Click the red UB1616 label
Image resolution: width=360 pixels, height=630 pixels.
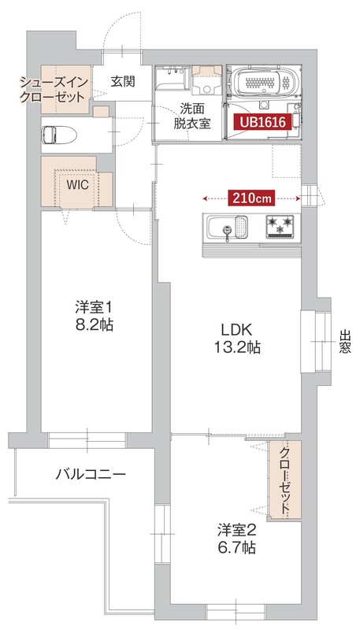click(x=262, y=122)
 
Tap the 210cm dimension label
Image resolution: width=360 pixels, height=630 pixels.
click(x=252, y=198)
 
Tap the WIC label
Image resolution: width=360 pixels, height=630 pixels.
click(x=77, y=184)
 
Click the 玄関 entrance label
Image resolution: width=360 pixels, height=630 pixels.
click(x=123, y=81)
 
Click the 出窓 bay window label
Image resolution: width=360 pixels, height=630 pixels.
click(x=345, y=341)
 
